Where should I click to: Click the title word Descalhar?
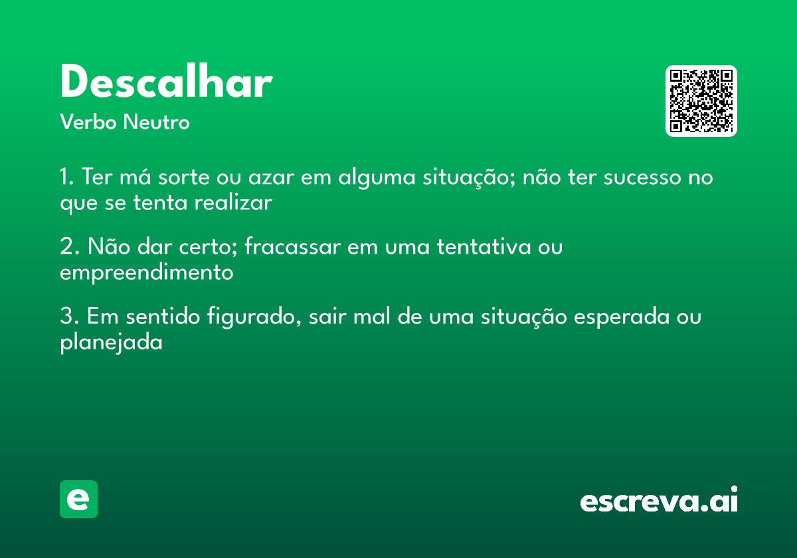coord(166,84)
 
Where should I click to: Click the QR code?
coord(701,101)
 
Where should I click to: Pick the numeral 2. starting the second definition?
coord(69,247)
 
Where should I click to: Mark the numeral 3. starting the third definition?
coord(69,317)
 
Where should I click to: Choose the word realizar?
coord(233,203)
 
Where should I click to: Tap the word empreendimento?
coord(147,272)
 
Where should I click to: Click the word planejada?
coord(112,343)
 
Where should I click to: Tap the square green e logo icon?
coord(78,499)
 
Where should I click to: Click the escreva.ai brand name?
coord(659,500)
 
